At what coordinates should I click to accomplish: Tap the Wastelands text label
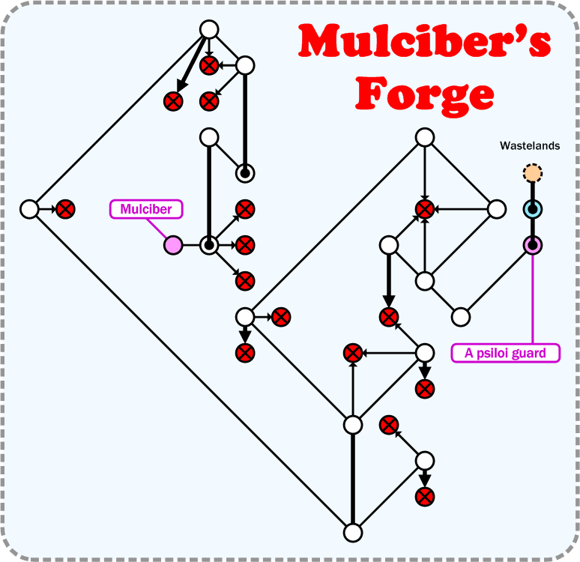pyautogui.click(x=530, y=146)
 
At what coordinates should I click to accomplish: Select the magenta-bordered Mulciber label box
pyautogui.click(x=146, y=209)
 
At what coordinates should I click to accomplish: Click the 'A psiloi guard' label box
pyautogui.click(x=506, y=352)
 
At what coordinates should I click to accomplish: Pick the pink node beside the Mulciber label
pyautogui.click(x=173, y=245)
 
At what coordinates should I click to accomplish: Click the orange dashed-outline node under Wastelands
pyautogui.click(x=533, y=174)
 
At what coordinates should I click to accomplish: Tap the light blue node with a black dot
pyautogui.click(x=533, y=209)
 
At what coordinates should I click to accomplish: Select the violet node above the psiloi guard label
pyautogui.click(x=533, y=245)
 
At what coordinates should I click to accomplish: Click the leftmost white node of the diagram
pyautogui.click(x=29, y=209)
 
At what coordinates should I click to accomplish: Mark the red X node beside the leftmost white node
pyautogui.click(x=65, y=209)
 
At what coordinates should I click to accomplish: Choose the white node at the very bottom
pyautogui.click(x=353, y=533)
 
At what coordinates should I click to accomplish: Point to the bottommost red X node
pyautogui.click(x=425, y=496)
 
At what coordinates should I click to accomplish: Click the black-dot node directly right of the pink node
pyautogui.click(x=209, y=245)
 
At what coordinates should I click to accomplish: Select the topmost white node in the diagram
pyautogui.click(x=209, y=29)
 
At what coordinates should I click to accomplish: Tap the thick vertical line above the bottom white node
pyautogui.click(x=353, y=480)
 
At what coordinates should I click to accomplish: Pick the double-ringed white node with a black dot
pyautogui.click(x=245, y=173)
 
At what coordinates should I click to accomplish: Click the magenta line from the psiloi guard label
pyautogui.click(x=533, y=300)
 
